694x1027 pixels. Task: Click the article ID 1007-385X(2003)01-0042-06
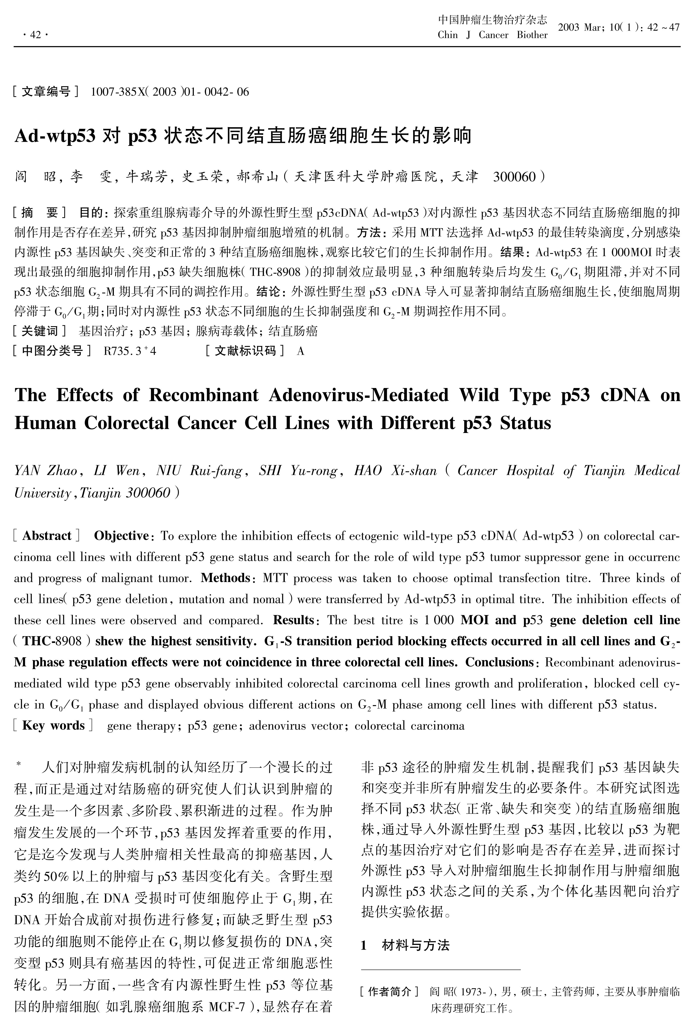pyautogui.click(x=170, y=92)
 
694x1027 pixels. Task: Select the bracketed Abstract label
pyautogui.click(x=47, y=536)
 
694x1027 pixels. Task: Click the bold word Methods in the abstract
pyautogui.click(x=225, y=578)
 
